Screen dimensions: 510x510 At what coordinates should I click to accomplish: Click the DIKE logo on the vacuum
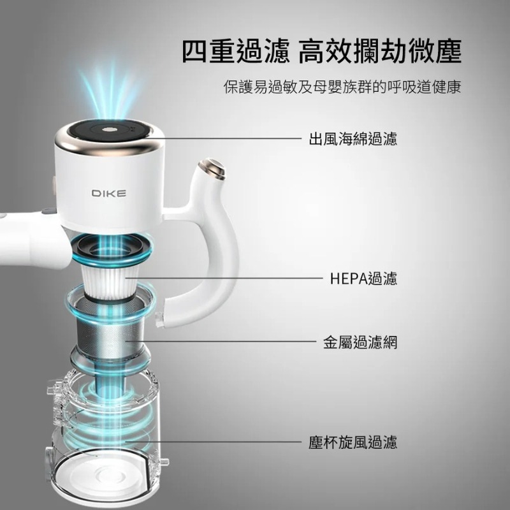point(108,193)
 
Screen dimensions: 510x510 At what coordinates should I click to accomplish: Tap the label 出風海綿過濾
point(353,138)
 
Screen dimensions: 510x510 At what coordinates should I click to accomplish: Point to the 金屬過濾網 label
point(360,342)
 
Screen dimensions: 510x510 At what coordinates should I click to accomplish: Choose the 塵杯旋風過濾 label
point(353,442)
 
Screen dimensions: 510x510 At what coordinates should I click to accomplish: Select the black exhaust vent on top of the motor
point(106,131)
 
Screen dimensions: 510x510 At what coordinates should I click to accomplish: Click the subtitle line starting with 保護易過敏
point(342,87)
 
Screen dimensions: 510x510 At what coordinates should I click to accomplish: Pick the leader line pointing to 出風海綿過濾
point(229,137)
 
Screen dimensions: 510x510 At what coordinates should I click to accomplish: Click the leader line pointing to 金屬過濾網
point(236,342)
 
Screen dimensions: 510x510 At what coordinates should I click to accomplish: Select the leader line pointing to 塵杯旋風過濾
point(217,441)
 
